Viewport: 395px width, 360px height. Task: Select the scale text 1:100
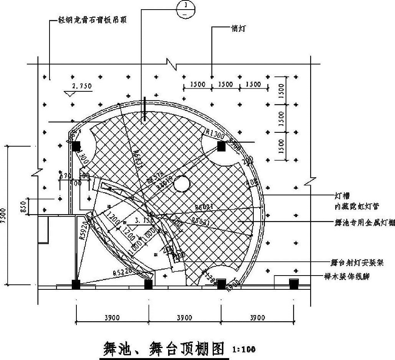point(244,349)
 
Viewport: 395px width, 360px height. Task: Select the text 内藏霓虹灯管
point(357,206)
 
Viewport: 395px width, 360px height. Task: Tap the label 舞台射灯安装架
point(357,263)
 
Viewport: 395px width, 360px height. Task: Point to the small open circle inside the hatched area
point(182,183)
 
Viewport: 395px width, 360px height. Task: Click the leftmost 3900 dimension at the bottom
point(112,317)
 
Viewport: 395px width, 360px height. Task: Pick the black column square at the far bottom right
point(294,284)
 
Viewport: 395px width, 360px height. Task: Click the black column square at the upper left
point(76,146)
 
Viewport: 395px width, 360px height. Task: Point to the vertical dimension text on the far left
point(4,215)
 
